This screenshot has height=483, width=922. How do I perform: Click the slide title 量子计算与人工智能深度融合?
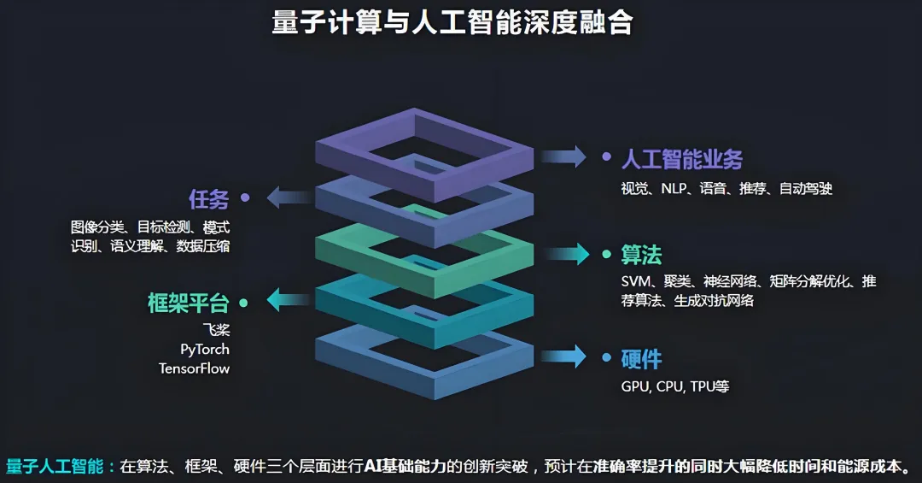[x=452, y=23]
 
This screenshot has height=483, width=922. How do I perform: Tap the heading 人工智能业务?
[x=681, y=159]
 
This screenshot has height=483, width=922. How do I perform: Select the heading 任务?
[x=209, y=199]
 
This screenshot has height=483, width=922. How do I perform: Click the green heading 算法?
[x=641, y=255]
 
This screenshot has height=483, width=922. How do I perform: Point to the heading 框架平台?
[x=189, y=303]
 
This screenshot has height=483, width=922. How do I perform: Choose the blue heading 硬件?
[x=641, y=359]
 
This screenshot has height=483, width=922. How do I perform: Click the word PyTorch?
[x=205, y=349]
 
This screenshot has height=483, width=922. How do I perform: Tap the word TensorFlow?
[x=194, y=368]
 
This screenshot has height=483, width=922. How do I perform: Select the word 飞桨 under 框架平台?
[x=216, y=329]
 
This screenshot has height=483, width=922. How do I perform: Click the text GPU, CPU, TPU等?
[x=674, y=386]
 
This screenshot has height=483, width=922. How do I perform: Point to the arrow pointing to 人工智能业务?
[x=563, y=156]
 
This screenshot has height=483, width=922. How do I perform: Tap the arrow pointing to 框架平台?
[x=288, y=300]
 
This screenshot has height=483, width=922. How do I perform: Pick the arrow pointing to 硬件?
[x=564, y=356]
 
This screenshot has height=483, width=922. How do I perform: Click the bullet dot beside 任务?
[x=245, y=197]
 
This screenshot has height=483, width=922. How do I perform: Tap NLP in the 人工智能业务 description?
[x=674, y=189]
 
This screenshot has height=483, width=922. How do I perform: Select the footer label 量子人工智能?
[x=55, y=466]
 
